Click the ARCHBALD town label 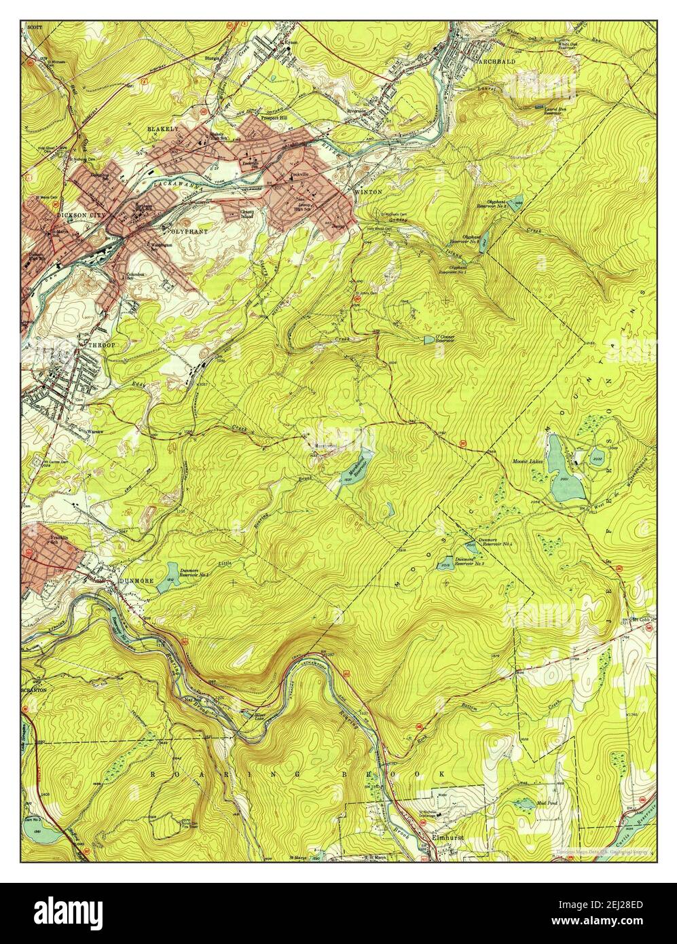[496, 61]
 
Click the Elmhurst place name [447, 838]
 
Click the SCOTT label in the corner [35, 27]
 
